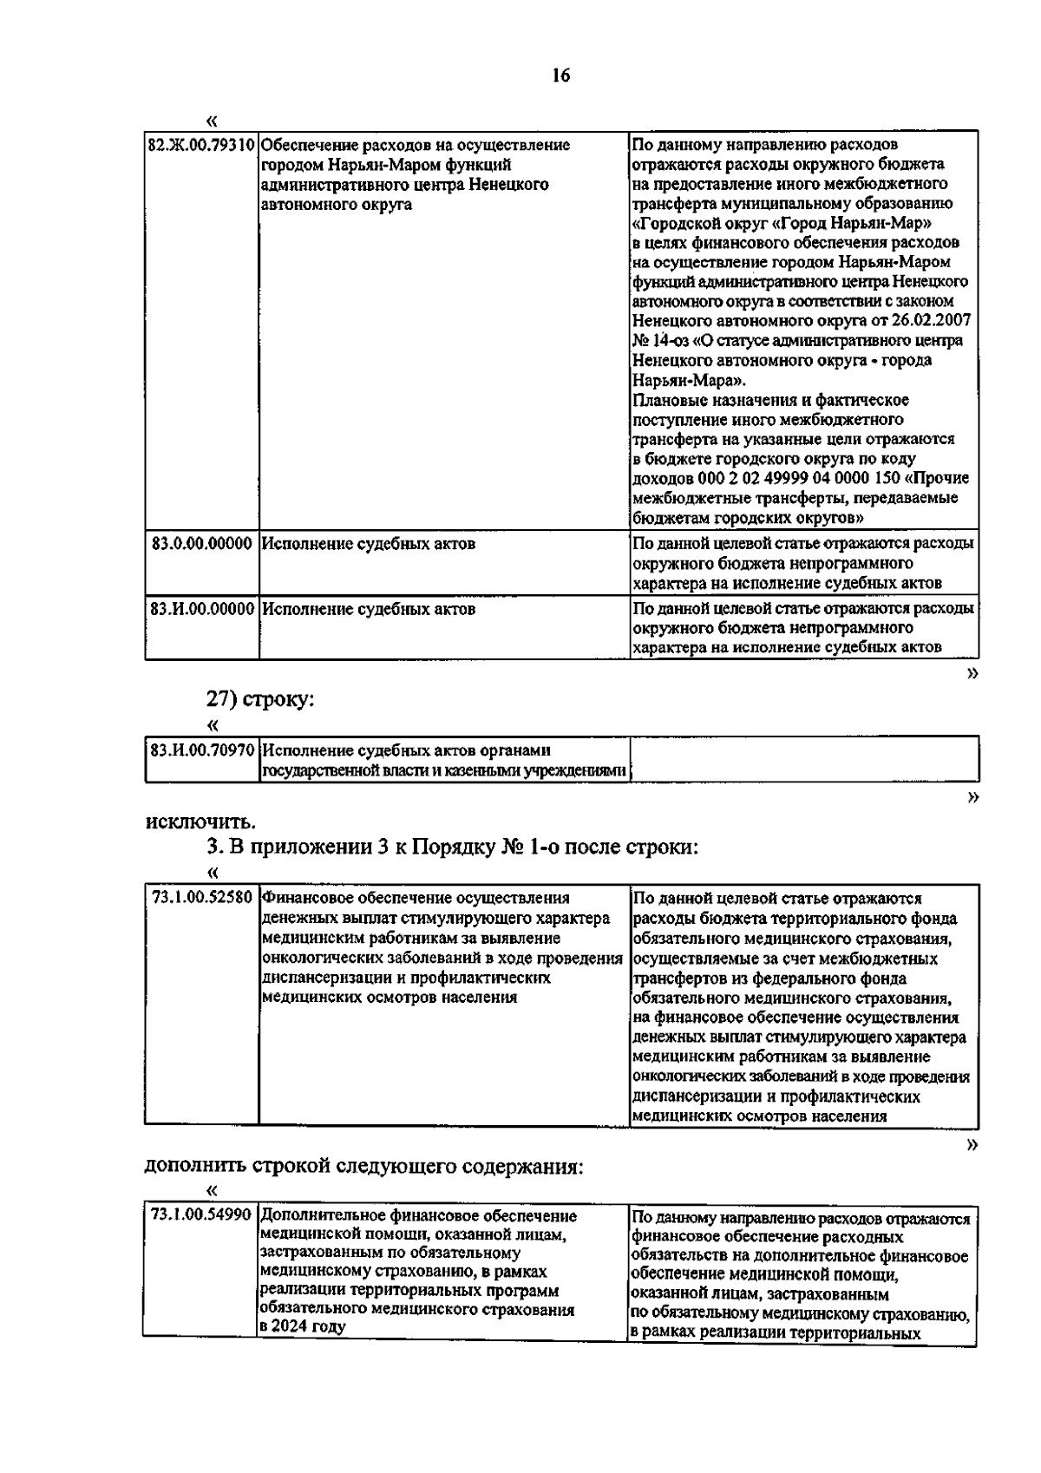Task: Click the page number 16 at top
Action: pos(560,75)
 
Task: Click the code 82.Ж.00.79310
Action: pos(201,145)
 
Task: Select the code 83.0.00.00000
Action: pos(202,544)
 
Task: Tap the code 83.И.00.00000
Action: pos(202,609)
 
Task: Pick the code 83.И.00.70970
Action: pos(202,750)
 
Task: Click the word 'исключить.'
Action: pos(200,820)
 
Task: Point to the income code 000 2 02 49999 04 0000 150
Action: pos(792,479)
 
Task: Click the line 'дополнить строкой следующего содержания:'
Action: pos(363,1167)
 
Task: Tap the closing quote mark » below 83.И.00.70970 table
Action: pos(972,796)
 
